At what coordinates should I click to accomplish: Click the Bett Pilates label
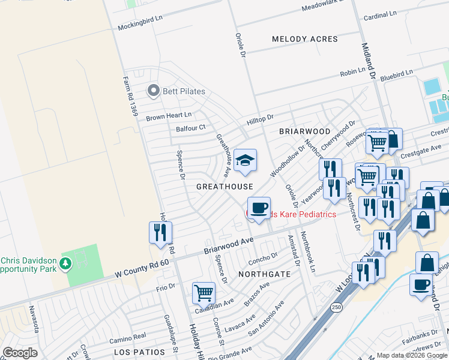(x=184, y=91)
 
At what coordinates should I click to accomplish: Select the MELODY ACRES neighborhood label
(x=305, y=39)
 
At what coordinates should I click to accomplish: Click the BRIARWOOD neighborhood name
(x=305, y=131)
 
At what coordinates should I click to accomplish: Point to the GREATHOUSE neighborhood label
(x=224, y=187)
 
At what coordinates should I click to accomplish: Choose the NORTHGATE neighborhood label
(x=264, y=274)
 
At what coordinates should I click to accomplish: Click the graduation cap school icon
(x=244, y=160)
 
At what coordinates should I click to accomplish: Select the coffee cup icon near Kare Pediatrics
(x=259, y=208)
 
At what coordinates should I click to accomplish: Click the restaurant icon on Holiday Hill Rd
(x=160, y=232)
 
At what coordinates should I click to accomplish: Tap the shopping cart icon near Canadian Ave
(x=203, y=293)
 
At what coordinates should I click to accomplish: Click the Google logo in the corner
(x=20, y=353)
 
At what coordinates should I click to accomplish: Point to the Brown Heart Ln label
(x=169, y=115)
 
